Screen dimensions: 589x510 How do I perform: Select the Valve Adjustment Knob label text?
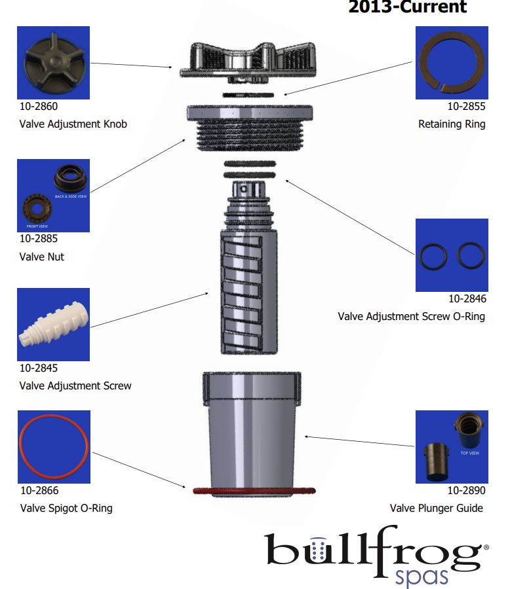click(73, 124)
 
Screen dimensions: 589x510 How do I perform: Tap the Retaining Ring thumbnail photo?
click(451, 63)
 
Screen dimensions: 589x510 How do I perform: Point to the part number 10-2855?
click(467, 106)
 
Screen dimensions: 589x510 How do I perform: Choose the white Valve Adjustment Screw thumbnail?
click(53, 325)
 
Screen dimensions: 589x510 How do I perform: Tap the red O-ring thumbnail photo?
click(53, 447)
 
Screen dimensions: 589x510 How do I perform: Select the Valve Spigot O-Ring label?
click(66, 508)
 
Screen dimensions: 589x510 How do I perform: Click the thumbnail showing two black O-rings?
click(452, 255)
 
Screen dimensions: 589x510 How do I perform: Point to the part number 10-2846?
click(467, 299)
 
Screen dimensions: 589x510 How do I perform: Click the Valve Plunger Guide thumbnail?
click(452, 447)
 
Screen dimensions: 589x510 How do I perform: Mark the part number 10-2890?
click(467, 491)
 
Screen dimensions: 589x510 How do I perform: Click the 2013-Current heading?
click(407, 8)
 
